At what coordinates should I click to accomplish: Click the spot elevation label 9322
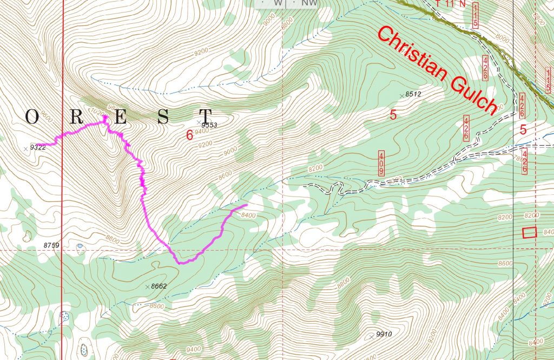38,147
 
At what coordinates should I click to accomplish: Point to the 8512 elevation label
413,94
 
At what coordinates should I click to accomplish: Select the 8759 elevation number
51,245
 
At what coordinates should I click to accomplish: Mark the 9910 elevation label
382,334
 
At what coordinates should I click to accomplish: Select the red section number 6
189,135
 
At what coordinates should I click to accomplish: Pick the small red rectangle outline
529,232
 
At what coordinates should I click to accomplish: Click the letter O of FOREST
31,117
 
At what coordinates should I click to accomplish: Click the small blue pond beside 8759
80,246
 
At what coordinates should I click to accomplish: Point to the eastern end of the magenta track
246,205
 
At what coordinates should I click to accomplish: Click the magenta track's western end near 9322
42,145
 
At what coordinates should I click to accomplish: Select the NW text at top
309,3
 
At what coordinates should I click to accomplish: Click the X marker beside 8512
401,96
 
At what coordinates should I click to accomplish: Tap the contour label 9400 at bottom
193,349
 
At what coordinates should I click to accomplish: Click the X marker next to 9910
371,336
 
